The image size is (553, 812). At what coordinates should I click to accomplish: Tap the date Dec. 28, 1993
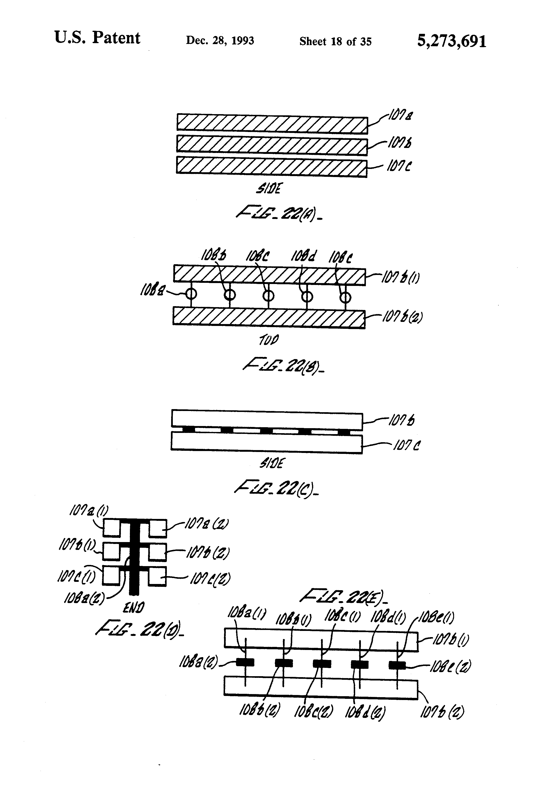[x=220, y=41]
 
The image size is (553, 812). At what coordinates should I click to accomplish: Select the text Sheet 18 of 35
[x=335, y=42]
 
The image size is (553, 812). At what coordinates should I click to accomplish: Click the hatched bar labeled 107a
[x=272, y=123]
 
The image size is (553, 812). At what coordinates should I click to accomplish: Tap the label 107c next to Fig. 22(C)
[x=407, y=445]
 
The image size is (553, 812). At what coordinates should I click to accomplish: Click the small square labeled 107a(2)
[x=158, y=528]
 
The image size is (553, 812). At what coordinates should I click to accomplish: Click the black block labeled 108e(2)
[x=397, y=665]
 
